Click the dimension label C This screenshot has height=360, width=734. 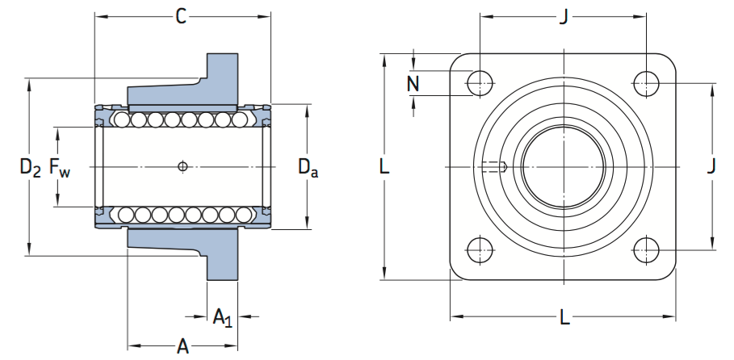(182, 15)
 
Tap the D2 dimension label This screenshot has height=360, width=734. (31, 168)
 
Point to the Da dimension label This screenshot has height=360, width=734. (307, 168)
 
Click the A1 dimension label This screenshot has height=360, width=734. (222, 318)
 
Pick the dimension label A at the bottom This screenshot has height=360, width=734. (183, 347)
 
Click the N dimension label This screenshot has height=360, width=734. (413, 83)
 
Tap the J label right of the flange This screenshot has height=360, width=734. (711, 166)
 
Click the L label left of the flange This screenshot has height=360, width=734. (384, 167)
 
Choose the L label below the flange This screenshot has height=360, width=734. (564, 317)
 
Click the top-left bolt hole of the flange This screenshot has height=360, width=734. (480, 82)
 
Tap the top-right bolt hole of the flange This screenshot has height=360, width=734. (646, 82)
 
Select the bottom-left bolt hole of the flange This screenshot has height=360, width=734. (480, 249)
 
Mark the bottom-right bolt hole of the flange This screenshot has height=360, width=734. (646, 249)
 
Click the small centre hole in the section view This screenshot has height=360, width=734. (183, 167)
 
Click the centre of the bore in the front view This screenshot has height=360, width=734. (563, 167)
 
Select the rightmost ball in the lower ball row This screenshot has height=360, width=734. (242, 215)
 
